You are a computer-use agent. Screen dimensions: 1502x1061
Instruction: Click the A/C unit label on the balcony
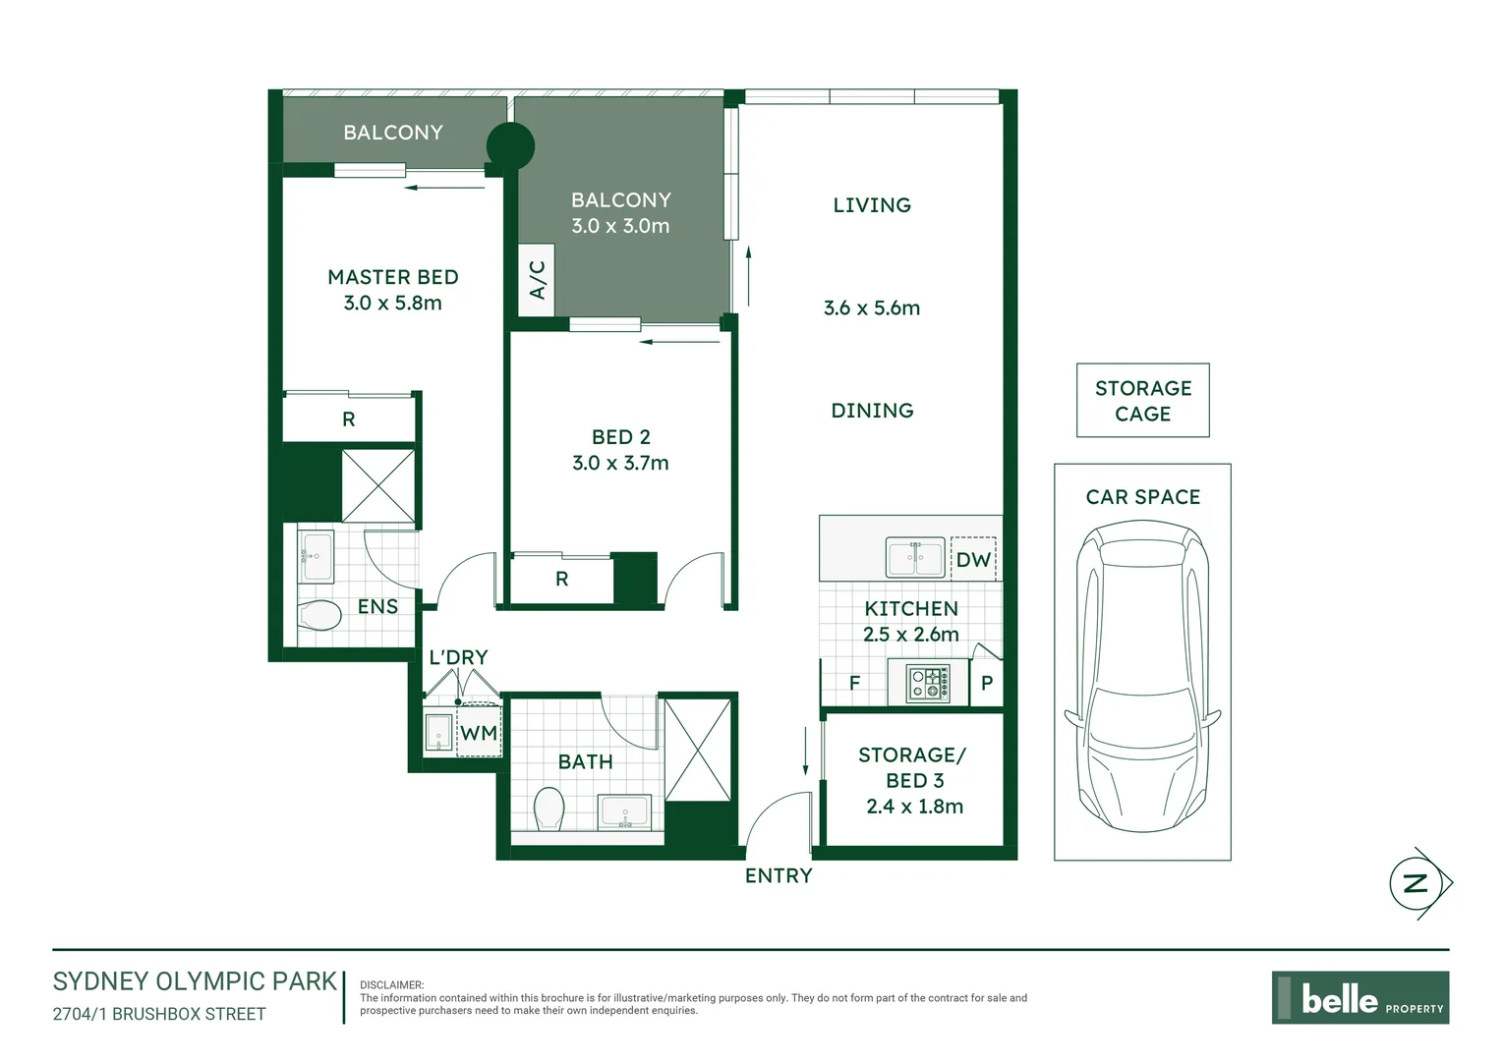[x=537, y=280]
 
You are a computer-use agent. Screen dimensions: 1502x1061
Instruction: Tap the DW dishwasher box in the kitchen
[x=973, y=559]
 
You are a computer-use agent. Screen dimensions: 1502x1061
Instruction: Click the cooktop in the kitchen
[x=928, y=683]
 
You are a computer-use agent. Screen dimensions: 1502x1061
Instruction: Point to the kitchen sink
[x=915, y=557]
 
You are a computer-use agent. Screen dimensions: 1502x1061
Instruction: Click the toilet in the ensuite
[x=319, y=615]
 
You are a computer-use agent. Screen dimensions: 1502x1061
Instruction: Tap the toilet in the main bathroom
[x=549, y=809]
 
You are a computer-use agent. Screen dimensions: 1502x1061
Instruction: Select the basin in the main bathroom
[x=624, y=811]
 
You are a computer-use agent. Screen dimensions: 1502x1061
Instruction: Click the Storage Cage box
[x=1142, y=400]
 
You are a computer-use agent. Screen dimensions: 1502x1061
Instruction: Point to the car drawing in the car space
[x=1142, y=676]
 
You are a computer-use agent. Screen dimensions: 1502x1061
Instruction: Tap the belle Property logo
[x=1359, y=997]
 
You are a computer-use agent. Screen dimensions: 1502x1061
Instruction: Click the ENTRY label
[x=779, y=875]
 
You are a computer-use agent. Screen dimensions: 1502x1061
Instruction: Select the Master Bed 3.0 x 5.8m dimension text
[x=393, y=303]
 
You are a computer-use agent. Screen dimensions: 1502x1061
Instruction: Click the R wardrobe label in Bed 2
[x=562, y=579]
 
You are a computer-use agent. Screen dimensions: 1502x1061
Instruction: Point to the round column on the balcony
[x=510, y=145]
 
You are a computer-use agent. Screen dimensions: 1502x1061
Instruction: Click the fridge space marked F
[x=854, y=683]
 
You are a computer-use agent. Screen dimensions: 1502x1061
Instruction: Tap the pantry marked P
[x=986, y=683]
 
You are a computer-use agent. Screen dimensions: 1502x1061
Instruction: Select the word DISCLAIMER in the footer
[x=391, y=984]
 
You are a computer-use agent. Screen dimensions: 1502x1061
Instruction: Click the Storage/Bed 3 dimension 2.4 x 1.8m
[x=914, y=807]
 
